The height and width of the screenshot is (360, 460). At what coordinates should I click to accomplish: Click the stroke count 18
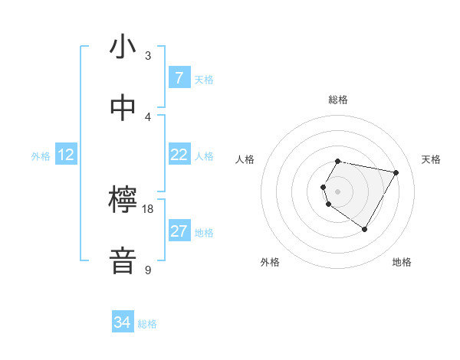click(x=148, y=208)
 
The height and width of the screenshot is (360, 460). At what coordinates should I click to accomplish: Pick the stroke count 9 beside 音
click(x=148, y=270)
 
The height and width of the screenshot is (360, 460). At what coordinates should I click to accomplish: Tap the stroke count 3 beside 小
click(x=148, y=55)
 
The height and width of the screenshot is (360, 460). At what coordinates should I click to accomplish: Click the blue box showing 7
click(x=179, y=78)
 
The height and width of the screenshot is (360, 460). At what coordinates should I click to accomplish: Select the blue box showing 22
click(x=179, y=155)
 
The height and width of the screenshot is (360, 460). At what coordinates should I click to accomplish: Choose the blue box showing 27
click(x=179, y=231)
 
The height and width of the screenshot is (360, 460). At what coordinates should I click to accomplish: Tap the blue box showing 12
click(x=66, y=155)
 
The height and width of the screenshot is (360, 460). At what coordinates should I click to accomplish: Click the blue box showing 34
click(x=122, y=323)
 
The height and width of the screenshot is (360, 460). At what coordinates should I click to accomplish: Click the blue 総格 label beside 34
click(x=147, y=324)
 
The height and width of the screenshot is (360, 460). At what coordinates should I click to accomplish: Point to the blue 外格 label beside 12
click(x=41, y=156)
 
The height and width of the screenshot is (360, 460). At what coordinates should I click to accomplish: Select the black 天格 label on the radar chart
click(x=432, y=159)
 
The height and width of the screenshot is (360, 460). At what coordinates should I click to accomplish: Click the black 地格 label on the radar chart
click(x=402, y=262)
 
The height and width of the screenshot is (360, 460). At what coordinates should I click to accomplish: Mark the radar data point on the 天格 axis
click(x=396, y=172)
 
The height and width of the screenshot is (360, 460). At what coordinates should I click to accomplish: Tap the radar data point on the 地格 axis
click(x=365, y=230)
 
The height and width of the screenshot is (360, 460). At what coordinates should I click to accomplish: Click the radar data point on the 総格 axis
click(x=338, y=161)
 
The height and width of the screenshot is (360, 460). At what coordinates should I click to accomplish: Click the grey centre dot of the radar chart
click(x=338, y=191)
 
